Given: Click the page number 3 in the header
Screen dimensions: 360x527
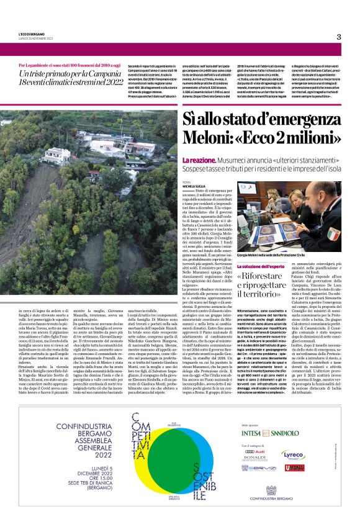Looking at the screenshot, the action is (339, 37).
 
